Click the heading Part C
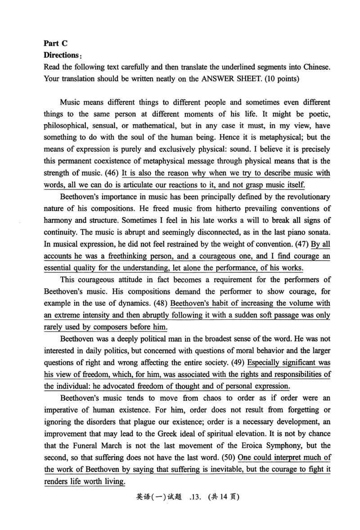point(55,43)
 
